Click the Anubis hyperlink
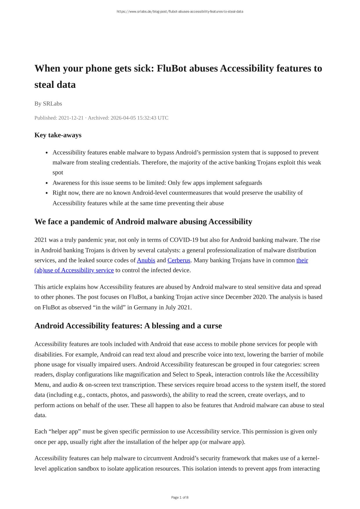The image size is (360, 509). pyautogui.click(x=146, y=260)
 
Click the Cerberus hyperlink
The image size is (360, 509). pyautogui.click(x=179, y=260)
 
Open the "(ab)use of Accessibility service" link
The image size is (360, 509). pyautogui.click(x=74, y=270)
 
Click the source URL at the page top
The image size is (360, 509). pyautogui.click(x=180, y=12)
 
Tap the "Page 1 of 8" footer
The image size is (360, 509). pyautogui.click(x=180, y=497)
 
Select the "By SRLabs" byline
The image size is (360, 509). pyautogui.click(x=48, y=103)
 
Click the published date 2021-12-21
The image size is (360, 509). pyautogui.click(x=71, y=118)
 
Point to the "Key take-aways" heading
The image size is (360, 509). pyautogui.click(x=58, y=135)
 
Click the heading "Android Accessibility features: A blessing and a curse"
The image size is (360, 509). pyautogui.click(x=128, y=326)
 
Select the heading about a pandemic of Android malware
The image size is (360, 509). pyautogui.click(x=143, y=222)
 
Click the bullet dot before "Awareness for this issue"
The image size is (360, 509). pyautogui.click(x=47, y=183)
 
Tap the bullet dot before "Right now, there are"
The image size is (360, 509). pyautogui.click(x=47, y=193)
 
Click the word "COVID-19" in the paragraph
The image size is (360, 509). pyautogui.click(x=181, y=240)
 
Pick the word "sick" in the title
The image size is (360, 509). pyautogui.click(x=143, y=68)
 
